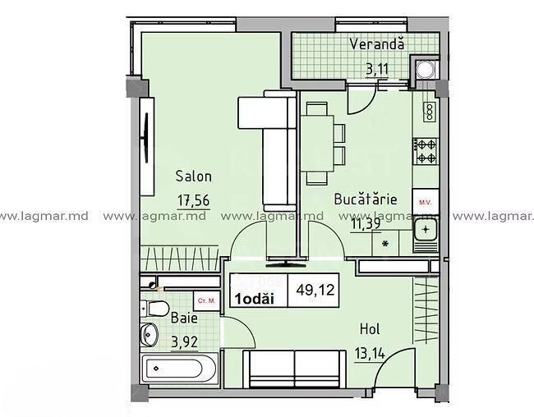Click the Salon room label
(x=194, y=176)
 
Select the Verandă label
(x=375, y=44)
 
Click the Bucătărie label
(x=366, y=199)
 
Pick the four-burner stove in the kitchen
(x=426, y=149)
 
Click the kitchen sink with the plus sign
(x=426, y=231)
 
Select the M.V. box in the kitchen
(x=426, y=199)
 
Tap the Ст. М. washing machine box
(x=207, y=301)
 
